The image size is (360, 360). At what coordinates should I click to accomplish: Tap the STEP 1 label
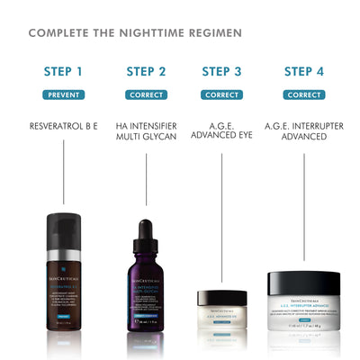[63, 71]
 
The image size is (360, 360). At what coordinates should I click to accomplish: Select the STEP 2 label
[146, 71]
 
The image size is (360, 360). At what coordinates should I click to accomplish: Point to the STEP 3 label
[221, 71]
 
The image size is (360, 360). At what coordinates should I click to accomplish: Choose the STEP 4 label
[304, 71]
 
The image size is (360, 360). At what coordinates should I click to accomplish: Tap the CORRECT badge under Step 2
[146, 94]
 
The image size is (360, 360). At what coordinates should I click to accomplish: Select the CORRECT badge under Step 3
[221, 94]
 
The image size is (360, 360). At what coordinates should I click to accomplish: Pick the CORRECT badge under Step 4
[304, 94]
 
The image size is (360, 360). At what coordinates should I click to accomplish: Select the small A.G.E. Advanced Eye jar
[221, 313]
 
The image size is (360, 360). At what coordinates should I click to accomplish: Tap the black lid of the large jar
[303, 281]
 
